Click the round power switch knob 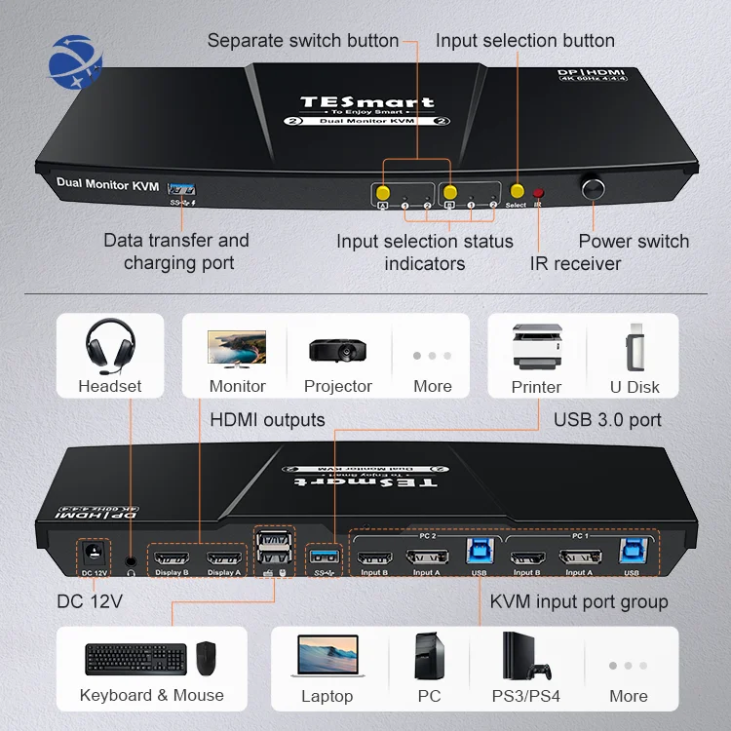(593, 188)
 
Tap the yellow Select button (517, 192)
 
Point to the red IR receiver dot (538, 193)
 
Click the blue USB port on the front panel (181, 187)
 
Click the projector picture (337, 349)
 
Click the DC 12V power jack (96, 554)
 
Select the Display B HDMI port (173, 559)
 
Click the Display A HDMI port (224, 559)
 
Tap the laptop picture (327, 656)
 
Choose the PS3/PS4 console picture (527, 657)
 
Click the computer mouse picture (206, 659)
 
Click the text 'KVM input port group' (579, 601)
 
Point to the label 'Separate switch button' (303, 41)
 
